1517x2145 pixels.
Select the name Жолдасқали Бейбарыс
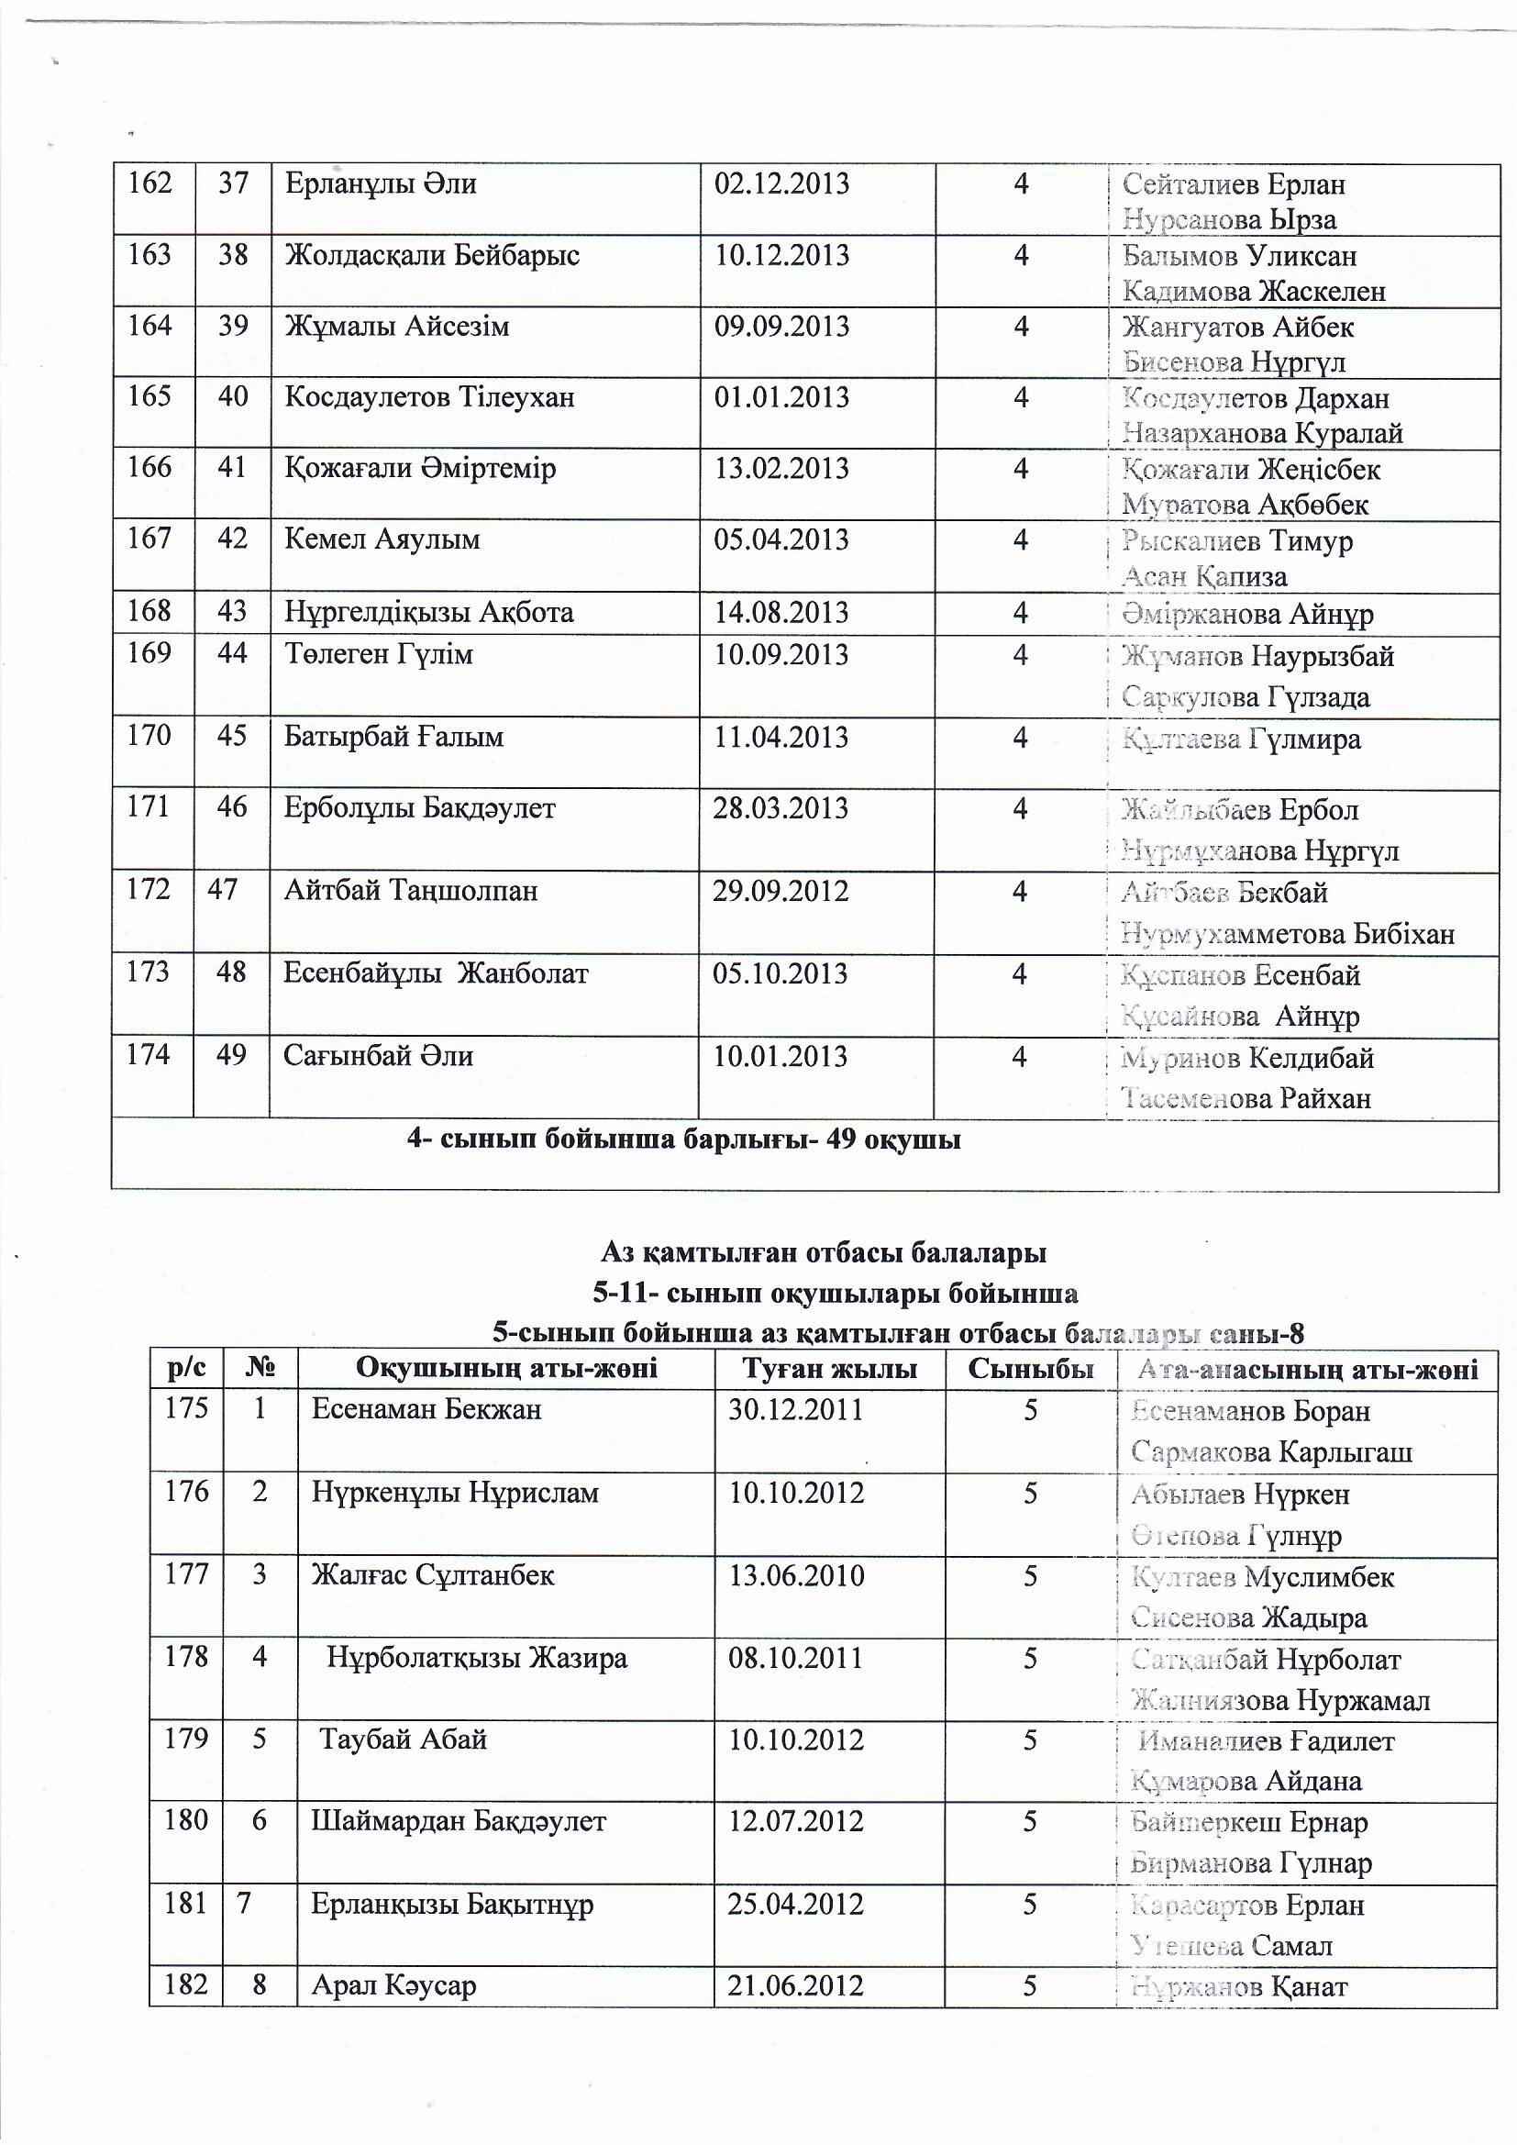pyautogui.click(x=432, y=255)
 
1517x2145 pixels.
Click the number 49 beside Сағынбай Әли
pyautogui.click(x=230, y=1055)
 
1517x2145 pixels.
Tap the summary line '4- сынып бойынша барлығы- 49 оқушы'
pyautogui.click(x=684, y=1139)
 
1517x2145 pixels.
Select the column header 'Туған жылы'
pyautogui.click(x=829, y=1370)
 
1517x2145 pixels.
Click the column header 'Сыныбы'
pyautogui.click(x=1030, y=1370)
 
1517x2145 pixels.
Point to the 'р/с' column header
pyautogui.click(x=186, y=1370)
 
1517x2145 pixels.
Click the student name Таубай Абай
pyautogui.click(x=404, y=1739)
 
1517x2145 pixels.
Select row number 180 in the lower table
pyautogui.click(x=185, y=1821)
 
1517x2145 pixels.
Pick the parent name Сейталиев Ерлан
pyautogui.click(x=1233, y=184)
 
